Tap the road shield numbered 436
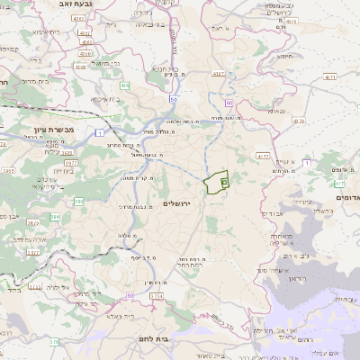pyautogui.click(x=124, y=85)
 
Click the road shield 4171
pyautogui.click(x=330, y=77)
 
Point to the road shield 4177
pyautogui.click(x=264, y=156)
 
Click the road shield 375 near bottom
pyautogui.click(x=54, y=342)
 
